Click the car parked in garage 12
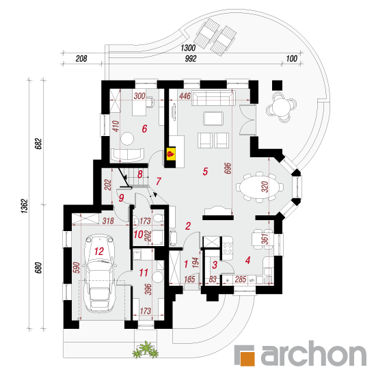coord(99,273)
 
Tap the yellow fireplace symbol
coord(171,153)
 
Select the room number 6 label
coord(144,129)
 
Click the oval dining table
coord(260,187)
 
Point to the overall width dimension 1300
coord(188,48)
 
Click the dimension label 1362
coord(25,206)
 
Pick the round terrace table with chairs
coord(281,107)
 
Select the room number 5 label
coord(205,172)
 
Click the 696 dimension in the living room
coord(228,168)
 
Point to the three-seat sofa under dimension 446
coord(213,98)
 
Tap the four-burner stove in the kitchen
coord(228,248)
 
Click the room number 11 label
coord(144,273)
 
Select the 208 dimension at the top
coord(81,59)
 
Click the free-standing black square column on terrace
coord(277,85)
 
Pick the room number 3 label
coord(215,265)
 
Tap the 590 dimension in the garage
coord(77,267)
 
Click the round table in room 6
coord(127,138)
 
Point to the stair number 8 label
coord(140,174)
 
